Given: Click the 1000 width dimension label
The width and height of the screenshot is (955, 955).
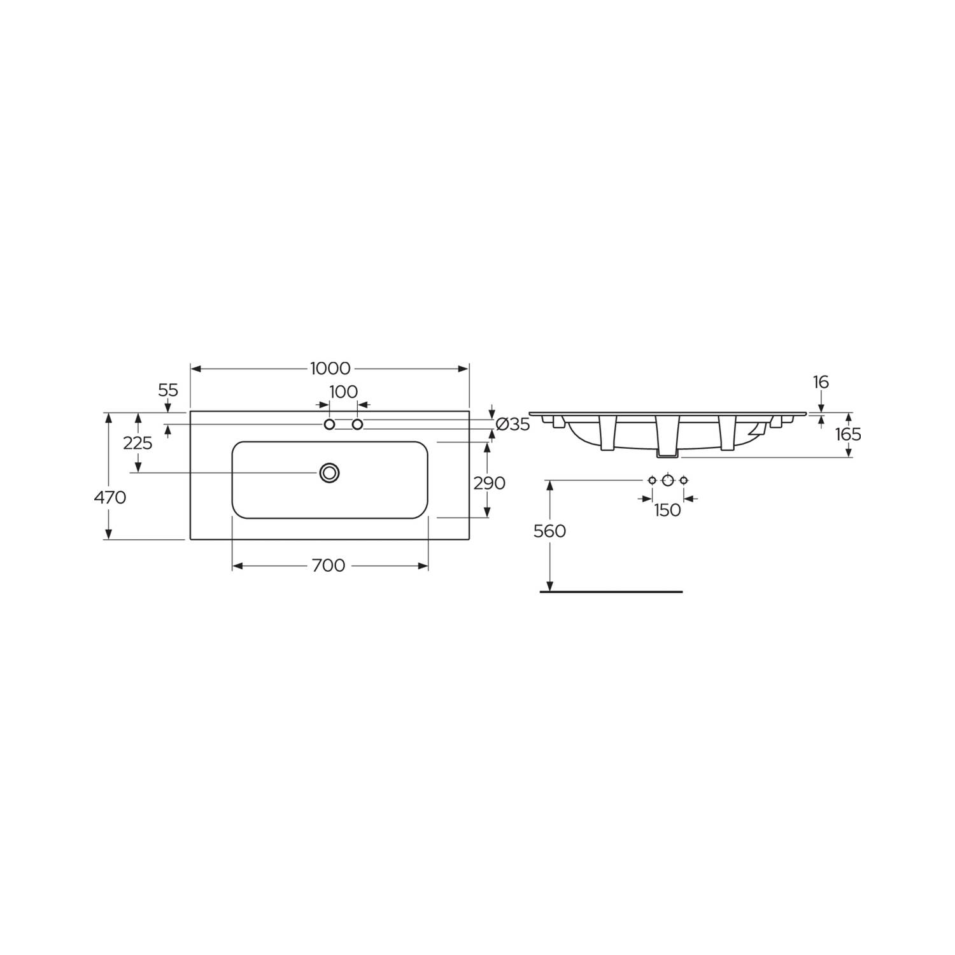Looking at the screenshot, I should tap(330, 369).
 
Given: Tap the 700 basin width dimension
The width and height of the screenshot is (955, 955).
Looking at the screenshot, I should tap(329, 565).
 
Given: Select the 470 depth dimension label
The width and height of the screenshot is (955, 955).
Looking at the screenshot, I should tap(110, 497).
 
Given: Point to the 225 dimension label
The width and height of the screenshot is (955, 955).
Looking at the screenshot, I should tap(138, 443).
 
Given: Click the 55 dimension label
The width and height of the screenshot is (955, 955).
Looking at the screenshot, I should tap(168, 390).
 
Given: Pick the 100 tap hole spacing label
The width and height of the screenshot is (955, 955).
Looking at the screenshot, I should tap(343, 392).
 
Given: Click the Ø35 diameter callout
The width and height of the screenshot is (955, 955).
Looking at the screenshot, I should tap(513, 425).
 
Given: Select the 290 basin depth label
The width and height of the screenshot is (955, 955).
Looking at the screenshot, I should tap(490, 483).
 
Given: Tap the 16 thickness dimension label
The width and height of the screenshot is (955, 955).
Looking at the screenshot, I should tap(821, 382).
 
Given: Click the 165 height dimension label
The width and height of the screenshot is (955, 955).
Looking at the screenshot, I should tap(848, 434).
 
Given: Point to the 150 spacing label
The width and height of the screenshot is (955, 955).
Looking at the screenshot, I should tap(667, 510).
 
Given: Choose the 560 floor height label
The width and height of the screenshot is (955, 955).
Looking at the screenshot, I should tap(549, 531).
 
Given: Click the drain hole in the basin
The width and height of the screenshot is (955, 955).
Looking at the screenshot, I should tap(329, 472).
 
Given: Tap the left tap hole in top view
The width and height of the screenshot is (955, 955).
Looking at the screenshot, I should tap(329, 425).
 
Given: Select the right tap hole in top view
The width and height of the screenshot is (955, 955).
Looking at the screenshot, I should tap(357, 425).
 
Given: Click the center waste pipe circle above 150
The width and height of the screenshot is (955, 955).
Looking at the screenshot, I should tap(667, 481).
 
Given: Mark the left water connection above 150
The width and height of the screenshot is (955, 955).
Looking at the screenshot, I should tap(652, 481).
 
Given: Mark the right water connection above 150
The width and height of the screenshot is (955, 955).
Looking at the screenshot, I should tap(683, 481).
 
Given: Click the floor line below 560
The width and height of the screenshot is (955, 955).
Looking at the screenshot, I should tap(611, 591).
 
